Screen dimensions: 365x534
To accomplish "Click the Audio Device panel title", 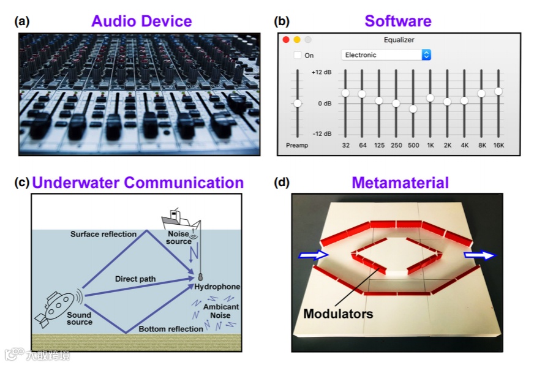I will pos(141,21).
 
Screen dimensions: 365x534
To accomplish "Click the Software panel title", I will pos(398,21).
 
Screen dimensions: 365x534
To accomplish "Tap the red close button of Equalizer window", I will pos(285,40).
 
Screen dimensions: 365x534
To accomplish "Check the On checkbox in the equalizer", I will pos(298,55).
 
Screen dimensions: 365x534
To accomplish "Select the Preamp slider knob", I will pos(298,103).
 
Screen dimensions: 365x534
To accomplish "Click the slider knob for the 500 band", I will pos(413,108).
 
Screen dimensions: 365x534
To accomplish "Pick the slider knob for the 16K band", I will pos(498,91).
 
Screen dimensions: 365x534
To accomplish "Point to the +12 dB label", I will pos(322,72).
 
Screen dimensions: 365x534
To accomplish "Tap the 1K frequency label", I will pos(431,145).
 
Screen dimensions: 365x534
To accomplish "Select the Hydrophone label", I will pos(217,286).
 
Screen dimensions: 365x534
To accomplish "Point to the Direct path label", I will pos(136,279).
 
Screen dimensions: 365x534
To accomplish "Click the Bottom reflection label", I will pos(170,329).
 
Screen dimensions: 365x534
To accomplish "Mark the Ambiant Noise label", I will pos(222,311).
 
